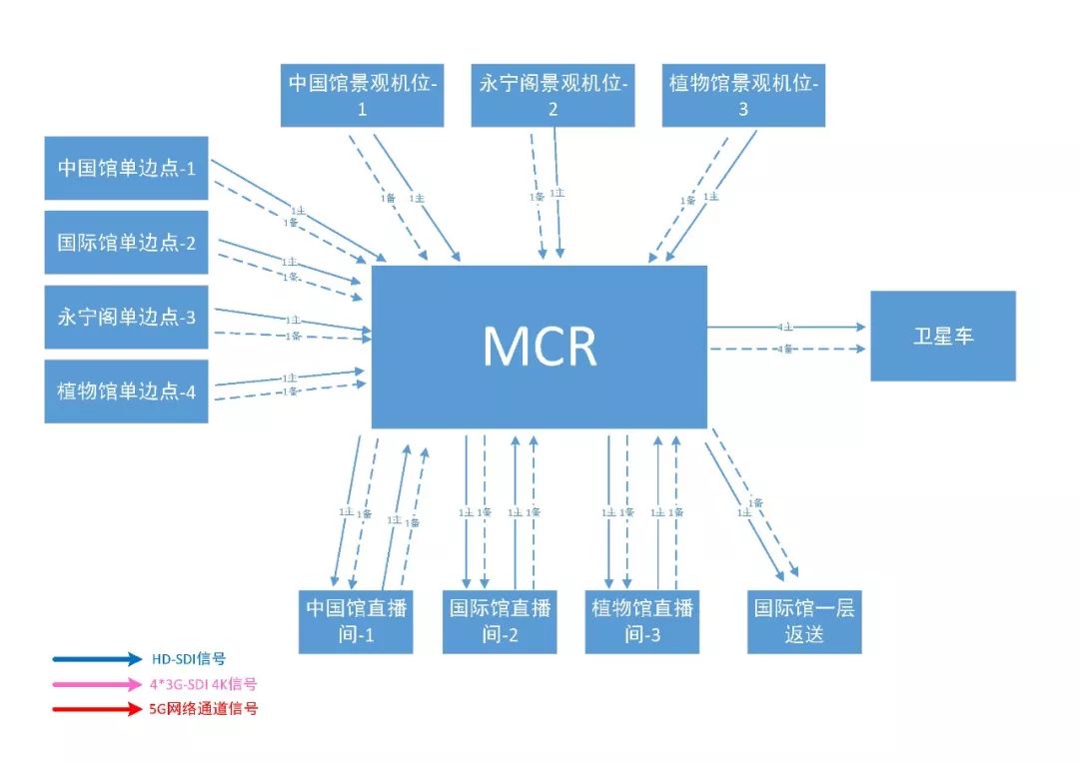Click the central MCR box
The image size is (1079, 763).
pyautogui.click(x=539, y=346)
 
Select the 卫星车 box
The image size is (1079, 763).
pyautogui.click(x=942, y=336)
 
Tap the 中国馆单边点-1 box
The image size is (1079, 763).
pyautogui.click(x=126, y=168)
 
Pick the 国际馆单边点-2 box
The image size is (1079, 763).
pyautogui.click(x=126, y=242)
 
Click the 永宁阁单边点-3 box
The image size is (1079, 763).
pyautogui.click(x=126, y=317)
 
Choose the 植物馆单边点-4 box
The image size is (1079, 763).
pyautogui.click(x=126, y=390)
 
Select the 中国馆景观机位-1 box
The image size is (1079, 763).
pyautogui.click(x=362, y=95)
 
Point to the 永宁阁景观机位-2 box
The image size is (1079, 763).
pyautogui.click(x=552, y=95)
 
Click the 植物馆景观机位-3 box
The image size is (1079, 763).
pyautogui.click(x=743, y=95)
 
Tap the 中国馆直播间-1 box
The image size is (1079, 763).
pyautogui.click(x=356, y=621)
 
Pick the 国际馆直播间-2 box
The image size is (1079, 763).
pyautogui.click(x=499, y=621)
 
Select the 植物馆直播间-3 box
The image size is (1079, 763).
pyautogui.click(x=641, y=621)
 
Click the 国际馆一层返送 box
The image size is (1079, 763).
pyautogui.click(x=804, y=621)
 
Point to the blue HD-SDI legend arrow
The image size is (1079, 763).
pyautogui.click(x=98, y=659)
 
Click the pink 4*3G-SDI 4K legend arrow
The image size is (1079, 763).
pyautogui.click(x=98, y=684)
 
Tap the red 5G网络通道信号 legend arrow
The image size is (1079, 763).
pyautogui.click(x=98, y=709)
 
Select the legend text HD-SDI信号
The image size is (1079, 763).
pyautogui.click(x=189, y=659)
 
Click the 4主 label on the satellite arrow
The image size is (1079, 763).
pyautogui.click(x=785, y=327)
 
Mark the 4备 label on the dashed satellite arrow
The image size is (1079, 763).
pyautogui.click(x=785, y=349)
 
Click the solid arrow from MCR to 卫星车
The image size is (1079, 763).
pyautogui.click(x=829, y=327)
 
